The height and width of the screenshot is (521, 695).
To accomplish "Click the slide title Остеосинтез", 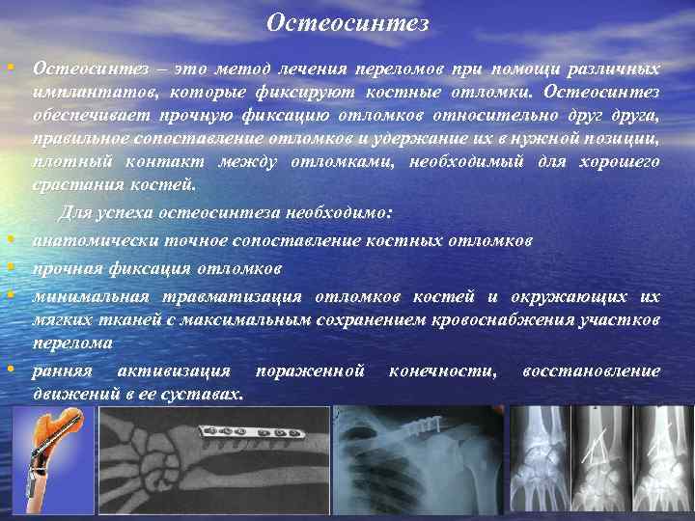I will (347, 21).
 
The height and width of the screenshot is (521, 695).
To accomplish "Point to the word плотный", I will (64, 162).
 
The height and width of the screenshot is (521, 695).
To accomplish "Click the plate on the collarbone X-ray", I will (421, 425).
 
